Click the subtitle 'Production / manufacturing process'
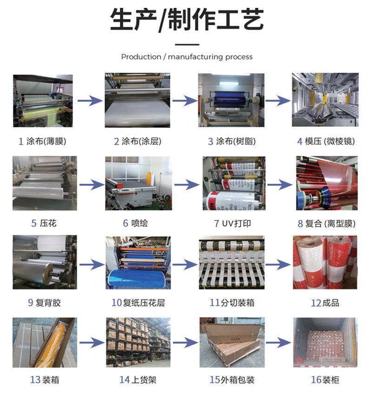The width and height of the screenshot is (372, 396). (x=186, y=57)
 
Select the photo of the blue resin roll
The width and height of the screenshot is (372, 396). (x=231, y=100)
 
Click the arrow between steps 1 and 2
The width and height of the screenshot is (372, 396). (x=90, y=101)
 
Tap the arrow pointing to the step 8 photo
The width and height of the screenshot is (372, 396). (x=280, y=185)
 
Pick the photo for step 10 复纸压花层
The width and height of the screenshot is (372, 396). (x=138, y=263)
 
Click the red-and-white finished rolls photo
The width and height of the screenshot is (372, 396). (x=325, y=263)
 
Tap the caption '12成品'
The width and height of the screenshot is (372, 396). (x=325, y=303)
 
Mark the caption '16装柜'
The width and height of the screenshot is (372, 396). (x=325, y=380)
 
